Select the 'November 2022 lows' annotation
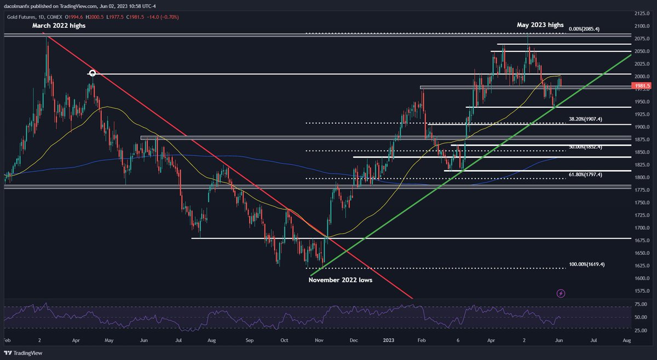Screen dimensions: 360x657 click(340, 280)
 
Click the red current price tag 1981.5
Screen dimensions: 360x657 click(641, 86)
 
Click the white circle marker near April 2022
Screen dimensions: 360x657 click(93, 73)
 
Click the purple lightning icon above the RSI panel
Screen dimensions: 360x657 click(561, 294)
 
